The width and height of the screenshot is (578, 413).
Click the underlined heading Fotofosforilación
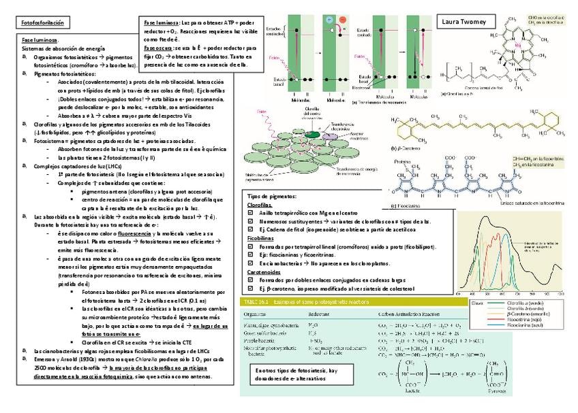[42, 23]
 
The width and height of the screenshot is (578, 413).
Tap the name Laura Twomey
[464, 22]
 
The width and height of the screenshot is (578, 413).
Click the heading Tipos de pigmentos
[269, 196]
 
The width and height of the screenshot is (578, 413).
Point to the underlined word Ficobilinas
[260, 239]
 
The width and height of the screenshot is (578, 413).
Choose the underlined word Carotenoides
[262, 271]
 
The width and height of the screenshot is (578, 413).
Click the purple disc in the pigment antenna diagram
[309, 135]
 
